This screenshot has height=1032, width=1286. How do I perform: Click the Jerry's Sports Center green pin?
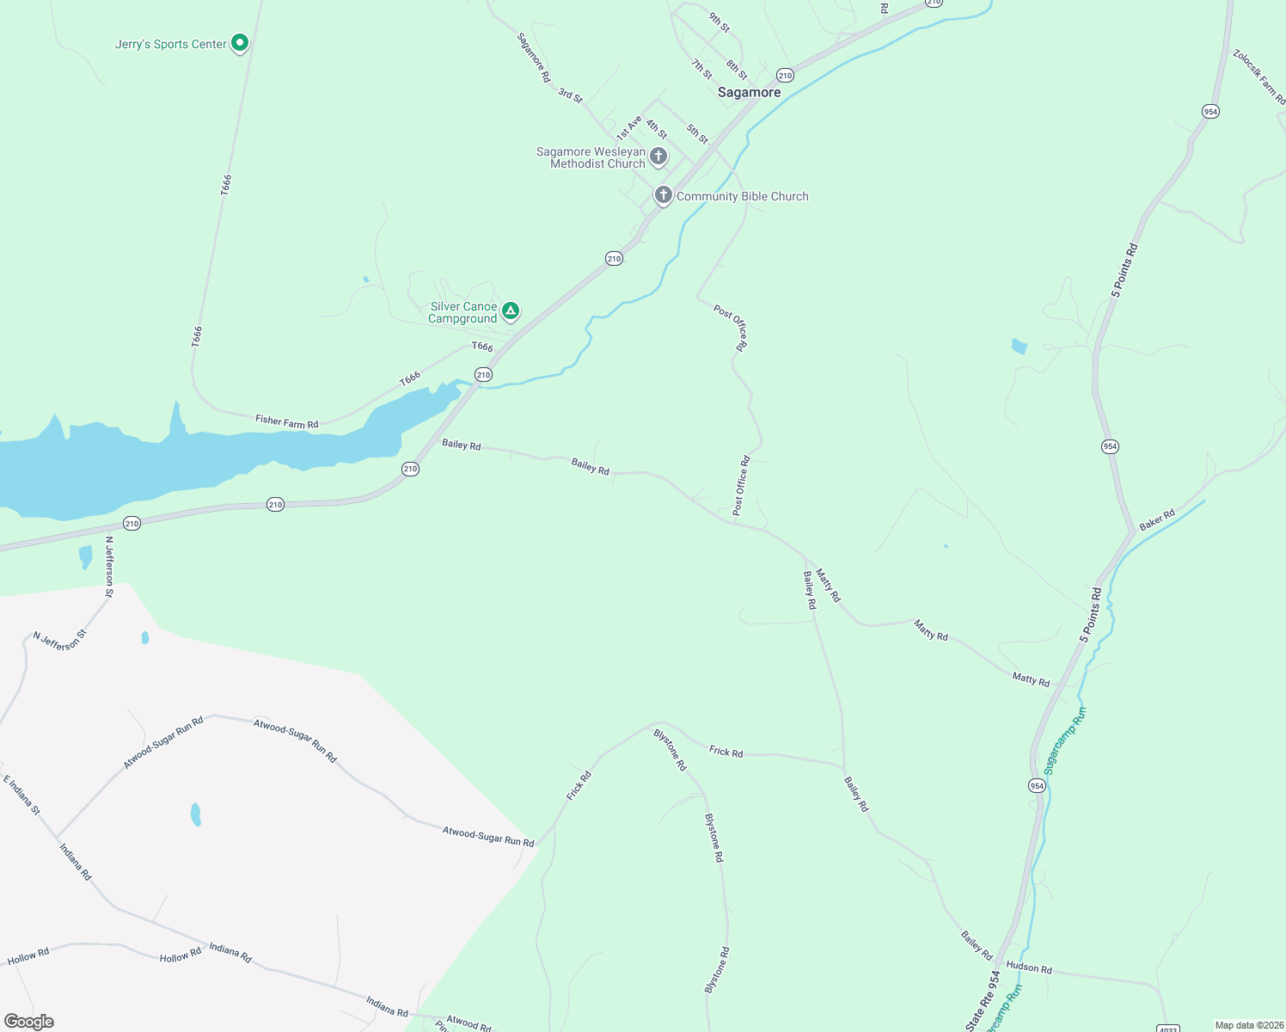[240, 42]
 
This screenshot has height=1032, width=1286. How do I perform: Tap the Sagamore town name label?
[749, 92]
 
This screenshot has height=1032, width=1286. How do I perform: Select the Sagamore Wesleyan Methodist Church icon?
[658, 157]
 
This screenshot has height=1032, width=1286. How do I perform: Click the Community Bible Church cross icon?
[663, 195]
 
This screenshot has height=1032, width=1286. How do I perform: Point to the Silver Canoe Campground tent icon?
[511, 310]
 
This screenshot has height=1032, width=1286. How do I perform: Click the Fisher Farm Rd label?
[286, 421]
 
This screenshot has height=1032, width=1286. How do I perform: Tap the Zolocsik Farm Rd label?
[1258, 77]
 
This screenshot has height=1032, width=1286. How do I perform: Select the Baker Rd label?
[1156, 520]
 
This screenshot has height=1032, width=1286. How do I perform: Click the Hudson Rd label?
[1029, 967]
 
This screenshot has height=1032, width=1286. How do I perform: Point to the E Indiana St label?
[21, 795]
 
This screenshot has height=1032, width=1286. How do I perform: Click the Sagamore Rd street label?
[533, 58]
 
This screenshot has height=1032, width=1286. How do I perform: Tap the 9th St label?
[719, 22]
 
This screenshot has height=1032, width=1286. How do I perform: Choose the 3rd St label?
[570, 95]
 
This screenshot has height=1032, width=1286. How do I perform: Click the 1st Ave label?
[628, 128]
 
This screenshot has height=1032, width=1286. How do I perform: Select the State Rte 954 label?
[983, 1000]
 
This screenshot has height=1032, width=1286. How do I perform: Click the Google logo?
[29, 1021]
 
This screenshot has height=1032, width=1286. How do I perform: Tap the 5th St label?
[697, 134]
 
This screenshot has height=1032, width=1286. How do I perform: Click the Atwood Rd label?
[468, 1022]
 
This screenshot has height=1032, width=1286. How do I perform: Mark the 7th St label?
[701, 69]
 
